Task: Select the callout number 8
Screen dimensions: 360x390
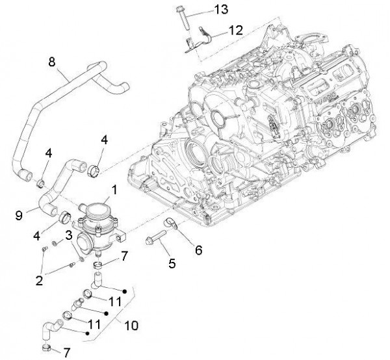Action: pyautogui.click(x=52, y=62)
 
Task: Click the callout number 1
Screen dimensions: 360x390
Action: pyautogui.click(x=114, y=190)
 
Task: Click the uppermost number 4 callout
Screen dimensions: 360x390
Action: pyautogui.click(x=105, y=140)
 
